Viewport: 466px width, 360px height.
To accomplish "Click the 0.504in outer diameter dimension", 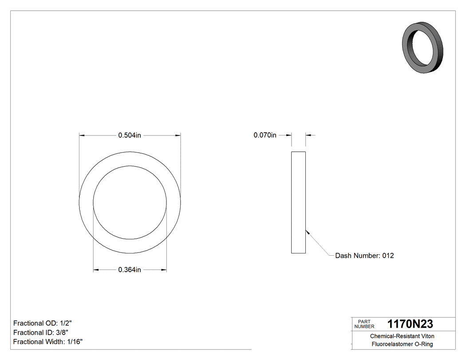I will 129,135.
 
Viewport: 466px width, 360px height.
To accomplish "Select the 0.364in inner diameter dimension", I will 129,270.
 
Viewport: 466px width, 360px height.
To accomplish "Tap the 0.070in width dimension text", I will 265,135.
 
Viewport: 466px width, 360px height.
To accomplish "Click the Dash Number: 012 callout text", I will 364,256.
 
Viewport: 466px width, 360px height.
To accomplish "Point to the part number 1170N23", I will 410,324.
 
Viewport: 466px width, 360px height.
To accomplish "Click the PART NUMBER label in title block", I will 364,324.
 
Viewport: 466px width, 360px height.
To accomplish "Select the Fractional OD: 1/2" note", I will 43,323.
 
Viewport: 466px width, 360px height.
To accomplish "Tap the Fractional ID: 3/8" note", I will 41,332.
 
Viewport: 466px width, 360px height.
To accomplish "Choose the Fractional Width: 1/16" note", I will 48,342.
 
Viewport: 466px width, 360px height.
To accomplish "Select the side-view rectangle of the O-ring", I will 298,202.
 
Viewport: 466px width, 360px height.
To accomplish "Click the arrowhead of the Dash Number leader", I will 307,231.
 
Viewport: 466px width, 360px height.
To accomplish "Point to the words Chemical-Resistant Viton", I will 402,336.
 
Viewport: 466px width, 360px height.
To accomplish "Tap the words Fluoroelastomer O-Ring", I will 402,344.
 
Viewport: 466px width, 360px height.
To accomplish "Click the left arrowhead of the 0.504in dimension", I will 82,135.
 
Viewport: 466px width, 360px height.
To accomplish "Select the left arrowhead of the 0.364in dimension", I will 95,270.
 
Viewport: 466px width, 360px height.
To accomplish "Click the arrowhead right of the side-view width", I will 308,135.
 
